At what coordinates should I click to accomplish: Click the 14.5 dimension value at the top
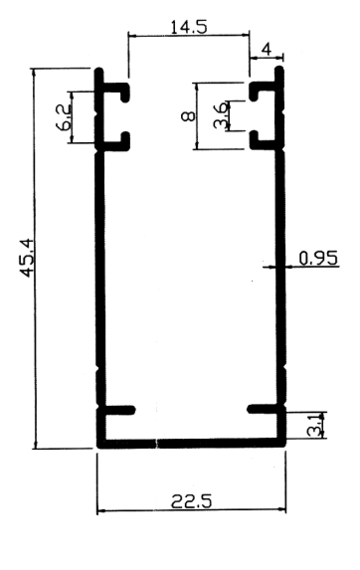point(189,27)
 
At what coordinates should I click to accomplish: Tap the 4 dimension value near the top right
point(267,50)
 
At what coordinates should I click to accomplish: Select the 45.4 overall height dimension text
point(28,258)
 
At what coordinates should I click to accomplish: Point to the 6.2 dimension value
point(63,117)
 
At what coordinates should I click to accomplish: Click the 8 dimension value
point(188,116)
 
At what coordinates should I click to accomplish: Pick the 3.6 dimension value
point(221,115)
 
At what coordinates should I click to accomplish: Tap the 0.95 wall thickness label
point(318,259)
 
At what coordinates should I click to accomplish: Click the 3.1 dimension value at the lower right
point(315,425)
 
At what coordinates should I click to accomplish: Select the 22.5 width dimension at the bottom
point(191,502)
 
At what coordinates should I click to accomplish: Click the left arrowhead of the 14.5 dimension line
point(132,36)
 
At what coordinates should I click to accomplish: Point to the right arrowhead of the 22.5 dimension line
point(281,510)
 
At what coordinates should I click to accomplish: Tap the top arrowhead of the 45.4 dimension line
point(35,73)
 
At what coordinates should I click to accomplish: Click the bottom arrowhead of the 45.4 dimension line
point(35,445)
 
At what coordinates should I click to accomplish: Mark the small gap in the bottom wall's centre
point(157,444)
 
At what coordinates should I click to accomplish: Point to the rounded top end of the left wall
point(99,71)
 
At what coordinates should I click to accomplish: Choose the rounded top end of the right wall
point(279,69)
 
